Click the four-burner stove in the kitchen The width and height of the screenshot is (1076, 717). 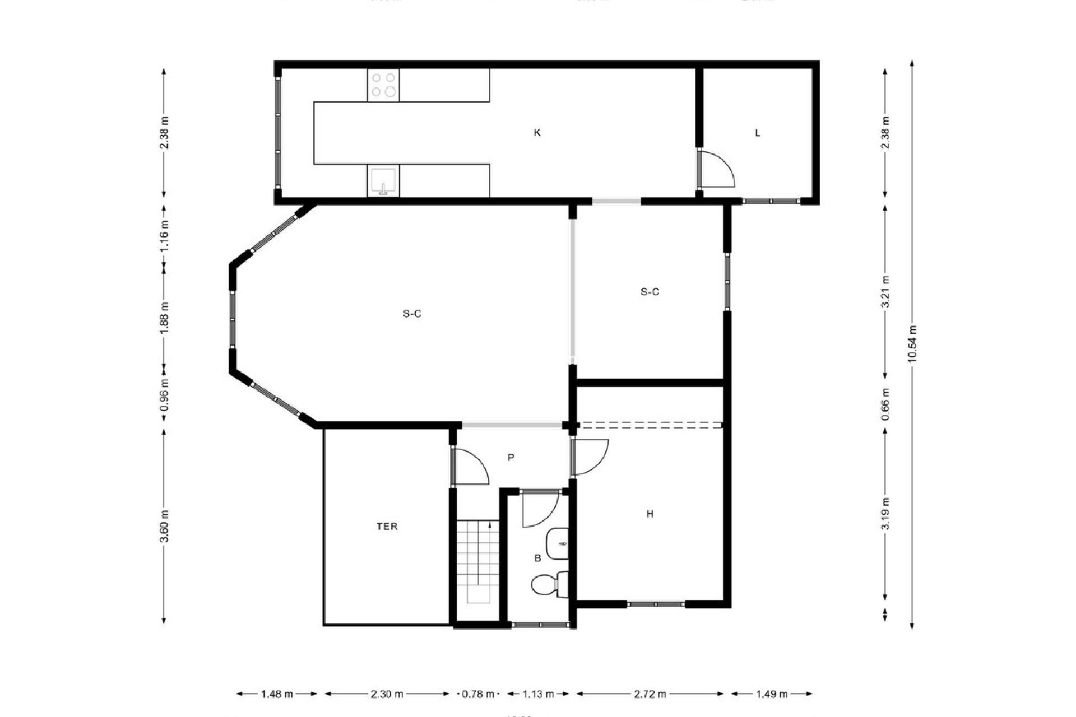(383, 85)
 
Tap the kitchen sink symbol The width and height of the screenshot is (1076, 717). (383, 181)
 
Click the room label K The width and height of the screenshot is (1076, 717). (537, 133)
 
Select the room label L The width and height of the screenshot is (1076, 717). (758, 133)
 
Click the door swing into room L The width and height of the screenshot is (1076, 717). (717, 169)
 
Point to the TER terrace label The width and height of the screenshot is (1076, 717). (387, 526)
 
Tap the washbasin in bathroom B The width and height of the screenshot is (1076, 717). (558, 543)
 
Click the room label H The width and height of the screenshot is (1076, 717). (650, 514)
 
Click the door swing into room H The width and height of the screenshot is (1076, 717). (590, 457)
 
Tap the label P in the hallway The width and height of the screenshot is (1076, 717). (511, 458)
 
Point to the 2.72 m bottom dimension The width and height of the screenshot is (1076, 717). (651, 694)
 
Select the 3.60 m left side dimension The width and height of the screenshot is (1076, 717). (164, 526)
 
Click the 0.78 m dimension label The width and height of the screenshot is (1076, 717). (477, 694)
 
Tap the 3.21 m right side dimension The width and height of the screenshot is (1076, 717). (885, 291)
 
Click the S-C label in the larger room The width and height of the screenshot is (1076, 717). (412, 314)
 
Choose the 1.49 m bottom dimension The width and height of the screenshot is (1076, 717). (772, 694)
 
